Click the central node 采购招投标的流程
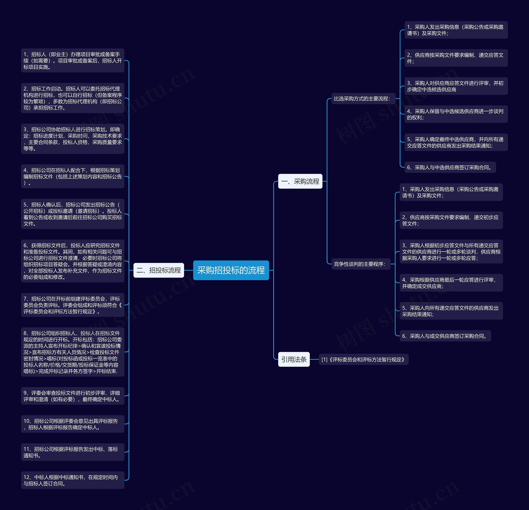pyautogui.click(x=231, y=270)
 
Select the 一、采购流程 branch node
pyautogui.click(x=300, y=181)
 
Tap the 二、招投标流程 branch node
pyautogui.click(x=159, y=270)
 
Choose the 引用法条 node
pyautogui.click(x=294, y=359)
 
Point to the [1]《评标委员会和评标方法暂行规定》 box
pyautogui.click(x=363, y=359)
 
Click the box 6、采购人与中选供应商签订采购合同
pyautogui.click(x=450, y=167)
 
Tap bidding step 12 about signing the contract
pyautogui.click(x=73, y=480)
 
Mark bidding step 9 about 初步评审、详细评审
pyautogui.click(x=73, y=396)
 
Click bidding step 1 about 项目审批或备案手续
pyautogui.click(x=73, y=61)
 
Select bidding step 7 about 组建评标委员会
pyautogui.click(x=73, y=305)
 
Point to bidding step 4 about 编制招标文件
pyautogui.click(x=73, y=177)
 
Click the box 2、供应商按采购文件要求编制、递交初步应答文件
pyautogui.click(x=451, y=220)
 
